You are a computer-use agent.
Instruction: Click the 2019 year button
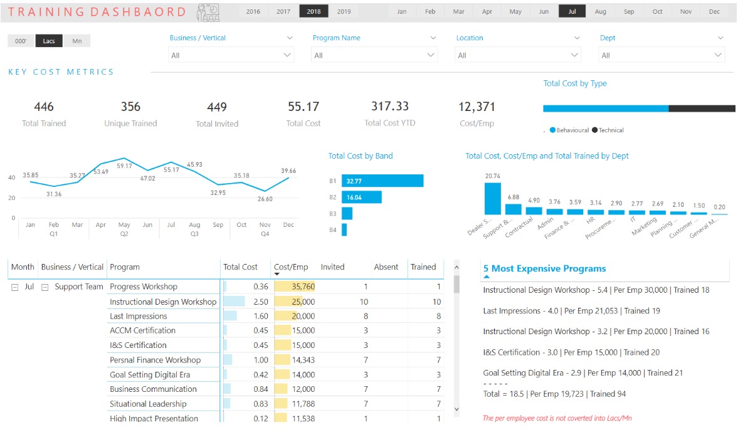click(344, 11)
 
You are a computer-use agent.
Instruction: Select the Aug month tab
click(600, 11)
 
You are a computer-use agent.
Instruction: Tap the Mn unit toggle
click(77, 41)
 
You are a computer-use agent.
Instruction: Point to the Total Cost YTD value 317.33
click(390, 107)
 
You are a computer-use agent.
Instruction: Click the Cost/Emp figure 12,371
click(477, 107)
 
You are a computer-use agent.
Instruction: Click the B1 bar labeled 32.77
click(382, 181)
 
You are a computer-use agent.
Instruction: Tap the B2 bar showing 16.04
click(362, 197)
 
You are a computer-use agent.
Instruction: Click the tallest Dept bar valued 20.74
click(493, 199)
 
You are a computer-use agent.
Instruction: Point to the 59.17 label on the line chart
click(124, 166)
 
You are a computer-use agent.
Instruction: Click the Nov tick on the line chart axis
click(265, 225)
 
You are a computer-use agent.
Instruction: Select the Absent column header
click(386, 266)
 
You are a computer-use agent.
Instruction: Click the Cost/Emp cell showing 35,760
click(295, 287)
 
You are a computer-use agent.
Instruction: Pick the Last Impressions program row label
click(139, 316)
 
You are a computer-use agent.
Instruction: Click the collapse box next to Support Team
click(45, 287)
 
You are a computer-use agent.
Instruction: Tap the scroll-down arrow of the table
click(456, 409)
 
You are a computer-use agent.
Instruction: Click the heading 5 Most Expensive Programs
click(544, 268)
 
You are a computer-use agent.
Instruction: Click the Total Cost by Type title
click(575, 83)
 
